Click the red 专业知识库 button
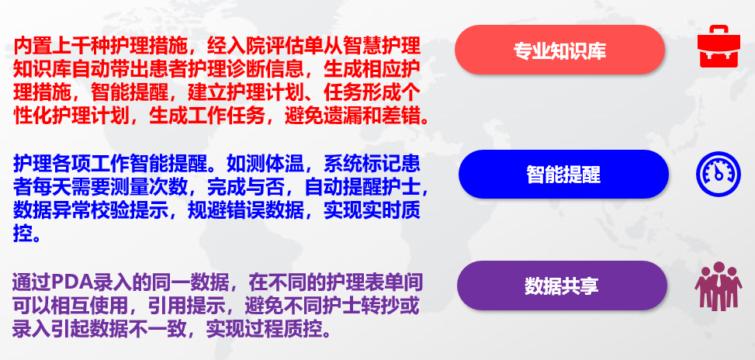pos(559,50)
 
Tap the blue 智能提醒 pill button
pos(563,175)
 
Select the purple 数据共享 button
pos(562,286)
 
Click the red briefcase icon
pos(719,47)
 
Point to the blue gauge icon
pos(719,174)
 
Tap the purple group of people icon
pos(719,286)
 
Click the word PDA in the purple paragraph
pos(71,283)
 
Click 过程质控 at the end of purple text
pos(282,329)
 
